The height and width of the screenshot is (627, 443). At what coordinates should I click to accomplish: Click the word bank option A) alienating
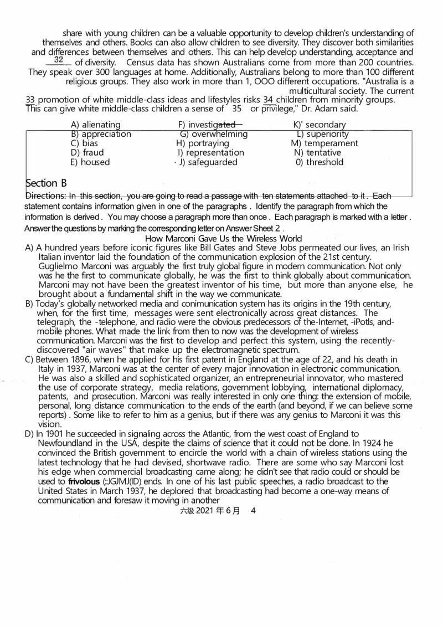96,125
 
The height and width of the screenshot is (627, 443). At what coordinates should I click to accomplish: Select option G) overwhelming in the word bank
214,134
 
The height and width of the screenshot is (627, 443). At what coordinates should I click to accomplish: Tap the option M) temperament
321,143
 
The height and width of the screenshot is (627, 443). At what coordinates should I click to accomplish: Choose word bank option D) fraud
87,152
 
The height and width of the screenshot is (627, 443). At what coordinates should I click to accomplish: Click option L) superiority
323,134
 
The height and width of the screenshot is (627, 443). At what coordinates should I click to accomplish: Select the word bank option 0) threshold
320,162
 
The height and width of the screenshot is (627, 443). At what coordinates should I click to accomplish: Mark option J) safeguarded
208,162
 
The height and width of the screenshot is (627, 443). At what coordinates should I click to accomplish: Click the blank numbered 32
59,60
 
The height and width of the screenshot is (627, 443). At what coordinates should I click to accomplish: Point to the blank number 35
237,109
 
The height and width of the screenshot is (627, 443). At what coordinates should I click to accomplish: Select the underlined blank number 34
268,100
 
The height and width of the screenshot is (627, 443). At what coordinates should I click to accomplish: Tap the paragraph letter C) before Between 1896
30,359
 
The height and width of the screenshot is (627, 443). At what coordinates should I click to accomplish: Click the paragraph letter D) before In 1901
30,434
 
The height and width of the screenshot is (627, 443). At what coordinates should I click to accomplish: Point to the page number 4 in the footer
253,512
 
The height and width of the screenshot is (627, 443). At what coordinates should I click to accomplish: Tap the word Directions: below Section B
45,196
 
